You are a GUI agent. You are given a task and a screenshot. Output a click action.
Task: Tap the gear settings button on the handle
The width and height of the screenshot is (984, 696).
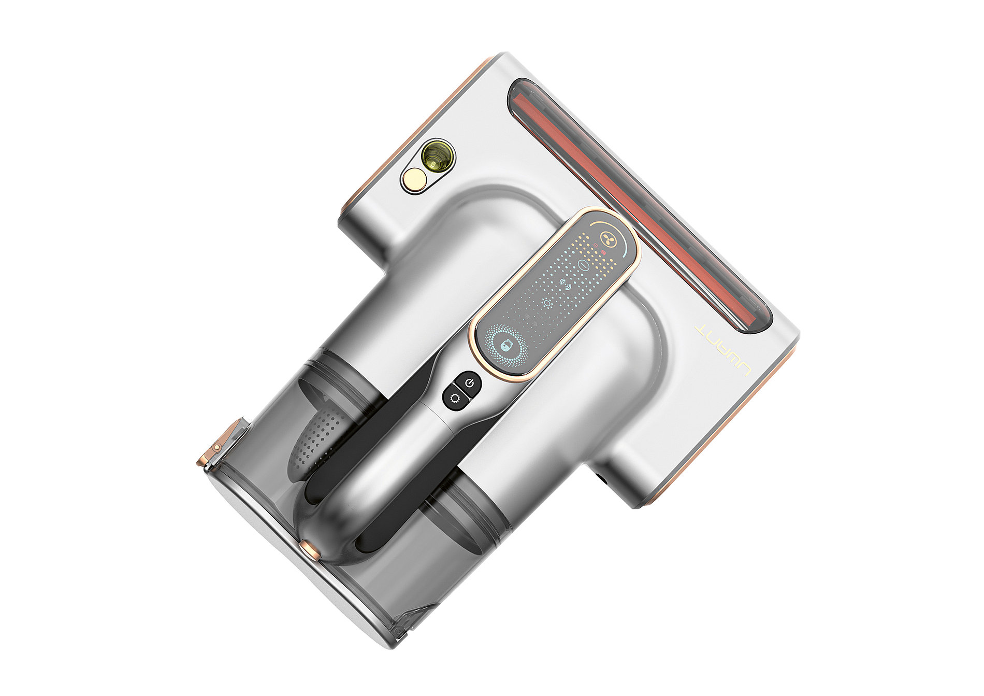(454, 399)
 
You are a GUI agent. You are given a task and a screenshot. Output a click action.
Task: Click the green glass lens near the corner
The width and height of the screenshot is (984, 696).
(437, 156)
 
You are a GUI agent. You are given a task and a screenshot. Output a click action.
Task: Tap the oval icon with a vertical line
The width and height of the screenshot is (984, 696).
(584, 265)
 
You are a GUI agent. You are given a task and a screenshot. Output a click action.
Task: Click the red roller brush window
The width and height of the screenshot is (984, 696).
(642, 207)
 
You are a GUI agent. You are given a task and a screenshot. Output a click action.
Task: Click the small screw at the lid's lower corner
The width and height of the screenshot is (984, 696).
(398, 633)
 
